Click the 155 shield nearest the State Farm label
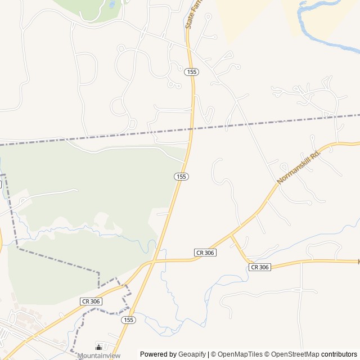point(192,71)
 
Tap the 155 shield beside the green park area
point(181,177)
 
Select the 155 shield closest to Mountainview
point(128,319)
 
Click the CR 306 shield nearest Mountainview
point(91,301)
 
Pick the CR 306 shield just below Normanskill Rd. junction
point(205,253)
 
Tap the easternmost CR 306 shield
point(259,267)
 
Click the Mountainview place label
point(99,355)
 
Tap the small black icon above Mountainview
point(99,347)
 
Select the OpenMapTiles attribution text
point(240,354)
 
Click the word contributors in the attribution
point(339,354)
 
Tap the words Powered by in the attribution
point(158,354)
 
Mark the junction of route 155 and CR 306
point(151,262)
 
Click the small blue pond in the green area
point(112,5)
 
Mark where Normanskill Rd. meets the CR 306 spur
point(231,236)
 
